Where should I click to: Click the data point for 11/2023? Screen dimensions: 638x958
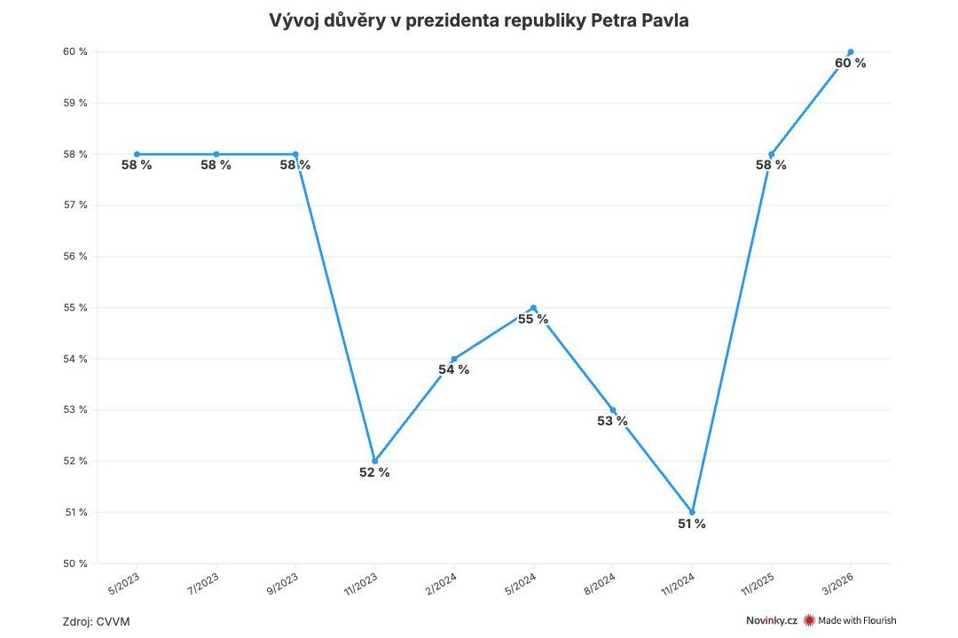(374, 461)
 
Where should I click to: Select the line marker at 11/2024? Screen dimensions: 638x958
(692, 512)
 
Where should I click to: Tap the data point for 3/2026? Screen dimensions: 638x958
(851, 52)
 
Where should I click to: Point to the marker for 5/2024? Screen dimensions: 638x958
(533, 307)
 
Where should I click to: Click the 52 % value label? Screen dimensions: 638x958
(374, 472)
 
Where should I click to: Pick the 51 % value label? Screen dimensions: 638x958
(692, 524)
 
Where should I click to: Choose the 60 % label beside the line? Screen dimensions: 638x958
(850, 63)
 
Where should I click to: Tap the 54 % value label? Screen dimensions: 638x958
(453, 370)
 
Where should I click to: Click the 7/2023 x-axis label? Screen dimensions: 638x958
(203, 583)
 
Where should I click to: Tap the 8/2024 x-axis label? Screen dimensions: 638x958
(600, 583)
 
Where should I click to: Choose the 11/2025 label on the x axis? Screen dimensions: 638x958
(756, 584)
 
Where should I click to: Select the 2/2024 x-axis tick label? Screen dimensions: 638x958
(441, 583)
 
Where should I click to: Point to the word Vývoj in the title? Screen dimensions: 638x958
(293, 20)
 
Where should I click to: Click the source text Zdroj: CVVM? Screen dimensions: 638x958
(90, 620)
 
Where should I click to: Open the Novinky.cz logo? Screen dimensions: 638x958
(772, 620)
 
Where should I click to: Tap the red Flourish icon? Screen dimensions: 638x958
(809, 620)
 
